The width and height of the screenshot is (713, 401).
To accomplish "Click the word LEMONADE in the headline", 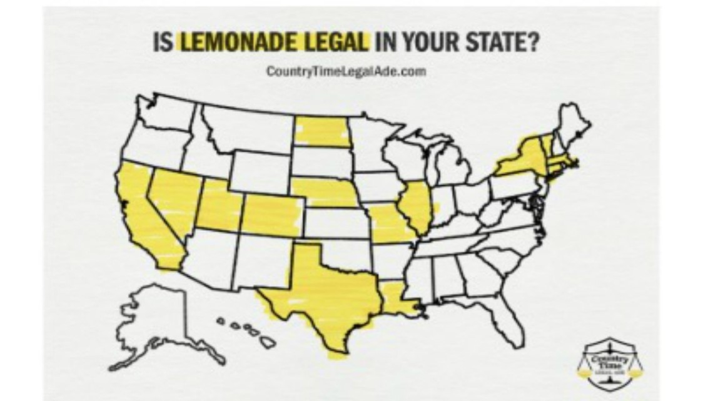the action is point(239,44).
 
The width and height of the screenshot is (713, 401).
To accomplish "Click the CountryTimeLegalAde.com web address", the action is point(346,71).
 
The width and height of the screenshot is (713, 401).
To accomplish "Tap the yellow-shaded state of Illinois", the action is point(415,207).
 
